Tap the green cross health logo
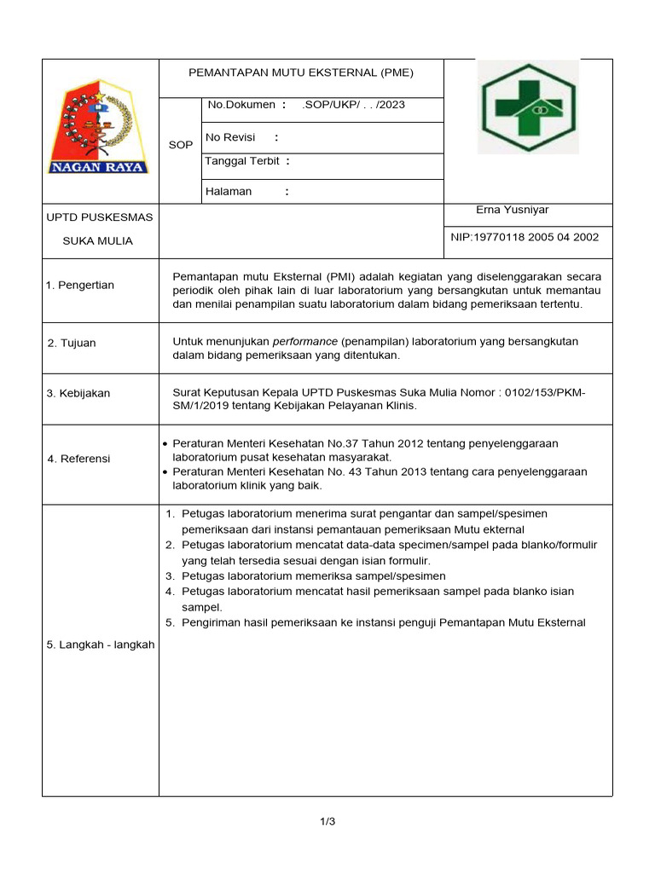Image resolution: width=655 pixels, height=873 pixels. (527, 107)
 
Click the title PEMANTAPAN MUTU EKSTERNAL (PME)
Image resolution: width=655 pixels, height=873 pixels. (300, 73)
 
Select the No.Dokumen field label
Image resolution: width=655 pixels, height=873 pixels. (241, 105)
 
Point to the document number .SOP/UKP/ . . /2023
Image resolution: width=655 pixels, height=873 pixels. (353, 105)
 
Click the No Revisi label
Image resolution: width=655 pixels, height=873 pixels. (230, 137)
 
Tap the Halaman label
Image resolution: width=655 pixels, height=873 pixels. (229, 192)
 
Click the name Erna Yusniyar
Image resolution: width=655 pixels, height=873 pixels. (513, 210)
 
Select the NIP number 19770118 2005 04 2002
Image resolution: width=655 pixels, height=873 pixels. (525, 237)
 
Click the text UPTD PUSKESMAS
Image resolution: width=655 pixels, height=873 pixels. (100, 217)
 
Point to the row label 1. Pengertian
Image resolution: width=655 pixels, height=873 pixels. (80, 285)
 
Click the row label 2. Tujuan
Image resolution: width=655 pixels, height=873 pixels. (72, 343)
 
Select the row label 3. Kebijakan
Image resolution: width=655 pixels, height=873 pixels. (78, 393)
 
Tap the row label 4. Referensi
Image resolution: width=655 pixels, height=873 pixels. (78, 459)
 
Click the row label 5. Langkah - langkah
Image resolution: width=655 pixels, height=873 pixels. (101, 645)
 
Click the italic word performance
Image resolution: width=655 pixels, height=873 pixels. (304, 341)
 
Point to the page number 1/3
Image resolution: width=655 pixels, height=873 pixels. (327, 822)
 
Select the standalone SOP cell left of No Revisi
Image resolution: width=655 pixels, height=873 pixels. (180, 145)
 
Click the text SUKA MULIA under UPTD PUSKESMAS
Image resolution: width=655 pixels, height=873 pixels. (98, 241)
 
